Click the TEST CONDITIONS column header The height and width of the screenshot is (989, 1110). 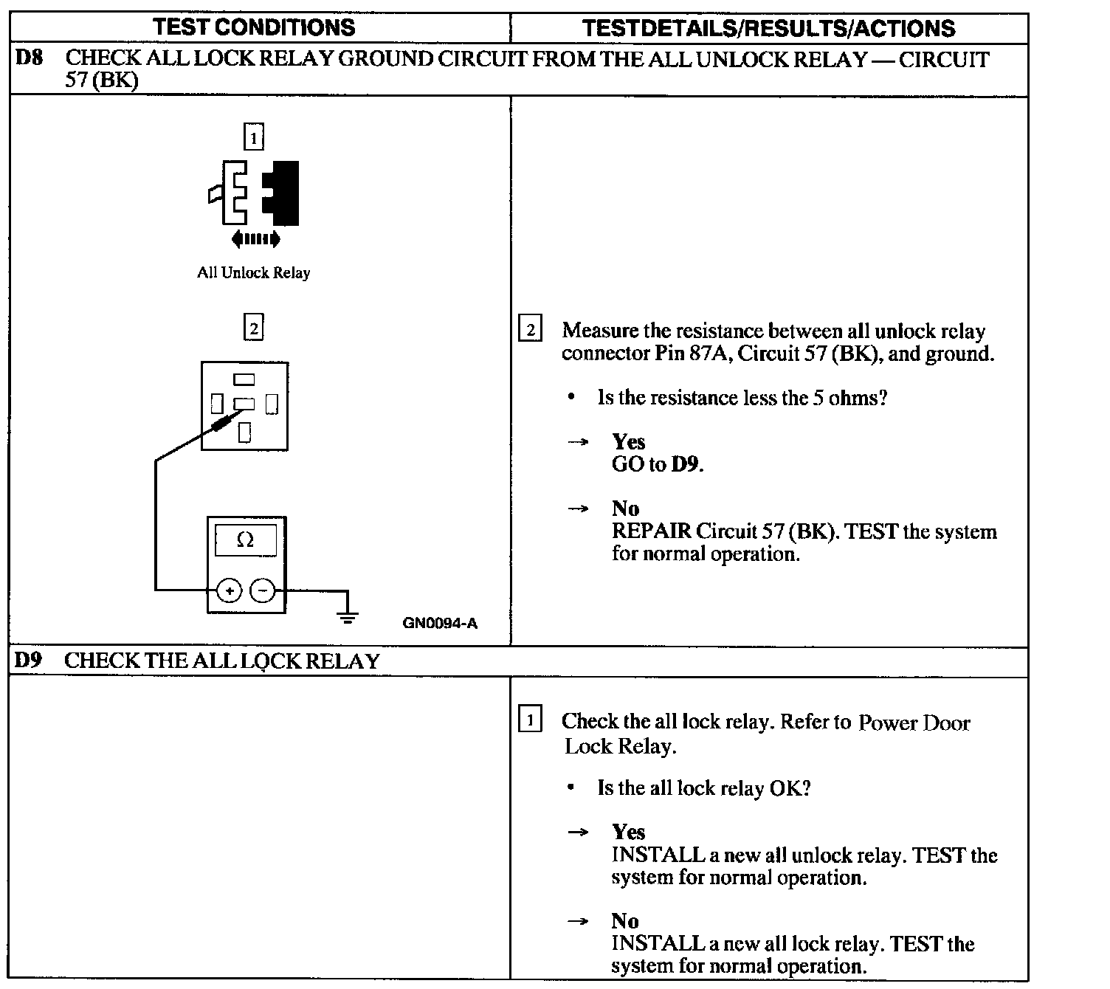(254, 28)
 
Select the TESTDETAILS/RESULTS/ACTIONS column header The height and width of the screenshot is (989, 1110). (768, 28)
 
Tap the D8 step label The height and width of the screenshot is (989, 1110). (29, 58)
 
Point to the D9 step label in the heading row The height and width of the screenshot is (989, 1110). (29, 661)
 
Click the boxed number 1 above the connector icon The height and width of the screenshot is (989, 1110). (253, 137)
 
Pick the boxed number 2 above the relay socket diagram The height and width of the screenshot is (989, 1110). (253, 327)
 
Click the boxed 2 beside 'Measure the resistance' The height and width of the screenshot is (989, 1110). (530, 328)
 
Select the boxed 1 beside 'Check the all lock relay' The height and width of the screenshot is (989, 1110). (530, 719)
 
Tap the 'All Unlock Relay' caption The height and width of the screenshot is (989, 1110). (253, 273)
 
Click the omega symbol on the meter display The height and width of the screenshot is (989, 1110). (245, 540)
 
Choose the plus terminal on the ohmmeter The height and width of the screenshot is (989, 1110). (230, 590)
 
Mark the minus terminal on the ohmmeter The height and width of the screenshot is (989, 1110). (263, 590)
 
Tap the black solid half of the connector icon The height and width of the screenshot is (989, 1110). (285, 192)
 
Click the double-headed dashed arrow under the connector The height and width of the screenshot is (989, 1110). (255, 238)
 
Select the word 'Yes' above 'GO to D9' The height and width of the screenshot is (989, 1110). (628, 442)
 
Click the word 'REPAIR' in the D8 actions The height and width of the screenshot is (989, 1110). (652, 531)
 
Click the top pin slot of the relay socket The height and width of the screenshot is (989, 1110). (244, 380)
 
